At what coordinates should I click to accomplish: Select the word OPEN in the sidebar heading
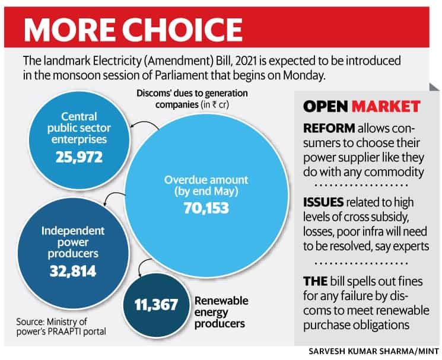pos(325,107)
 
